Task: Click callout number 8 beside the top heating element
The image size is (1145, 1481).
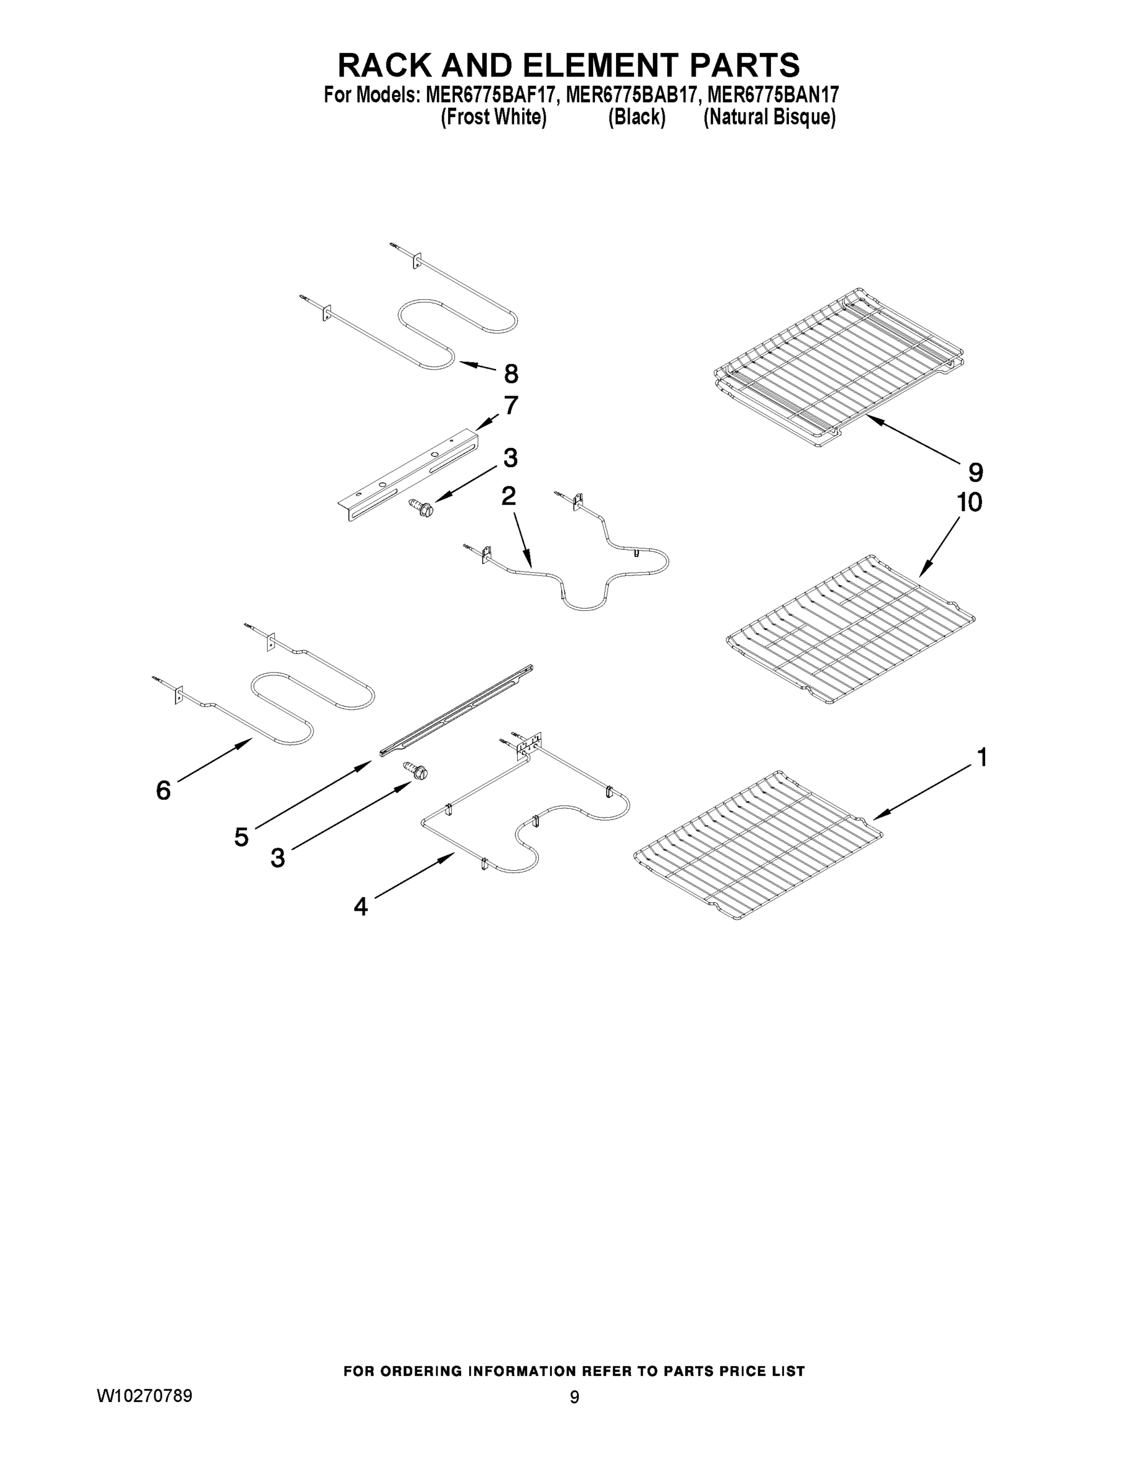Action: pos(510,373)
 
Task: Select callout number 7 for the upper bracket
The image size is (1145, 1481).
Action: pos(510,405)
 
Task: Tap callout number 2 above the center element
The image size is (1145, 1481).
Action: pos(508,496)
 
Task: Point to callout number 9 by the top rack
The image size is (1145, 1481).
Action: pos(975,472)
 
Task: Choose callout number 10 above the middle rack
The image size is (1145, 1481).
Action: pos(969,502)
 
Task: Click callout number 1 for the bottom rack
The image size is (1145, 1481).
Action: pos(981,757)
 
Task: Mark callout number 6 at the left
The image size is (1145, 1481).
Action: pos(164,790)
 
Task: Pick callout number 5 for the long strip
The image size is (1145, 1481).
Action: pos(241,837)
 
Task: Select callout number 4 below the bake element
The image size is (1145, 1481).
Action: pos(360,906)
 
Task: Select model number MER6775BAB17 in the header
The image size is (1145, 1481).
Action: pos(631,94)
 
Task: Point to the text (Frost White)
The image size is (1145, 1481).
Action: pos(493,117)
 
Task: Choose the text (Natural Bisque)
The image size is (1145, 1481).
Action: pos(769,117)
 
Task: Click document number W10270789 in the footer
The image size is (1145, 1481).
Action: pos(144,1396)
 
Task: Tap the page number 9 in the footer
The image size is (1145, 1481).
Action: pos(574,1397)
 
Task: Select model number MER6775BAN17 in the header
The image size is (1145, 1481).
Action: pos(772,94)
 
